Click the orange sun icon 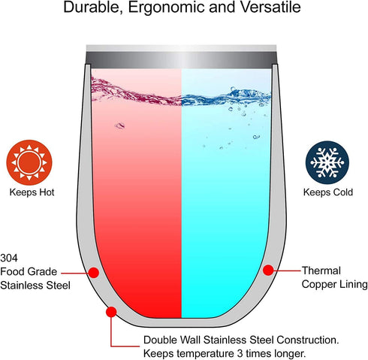click(29, 162)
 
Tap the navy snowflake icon click(327, 162)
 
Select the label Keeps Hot click(32, 192)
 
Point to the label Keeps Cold click(328, 192)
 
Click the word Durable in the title click(93, 8)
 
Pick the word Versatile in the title click(270, 8)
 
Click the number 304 click(9, 258)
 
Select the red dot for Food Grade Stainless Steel click(94, 273)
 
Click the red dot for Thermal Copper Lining click(268, 270)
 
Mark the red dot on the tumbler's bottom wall click(111, 312)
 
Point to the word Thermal click(321, 271)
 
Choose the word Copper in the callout click(318, 285)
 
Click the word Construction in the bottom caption click(308, 340)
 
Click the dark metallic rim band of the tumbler click(181, 60)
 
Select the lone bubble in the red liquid click(120, 126)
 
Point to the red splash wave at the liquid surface click(136, 92)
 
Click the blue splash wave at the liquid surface click(226, 97)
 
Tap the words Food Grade click(29, 271)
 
